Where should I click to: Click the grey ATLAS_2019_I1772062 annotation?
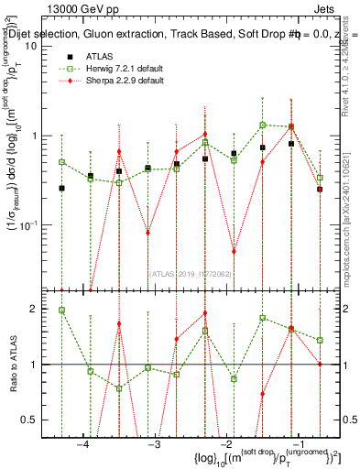pyautogui.click(x=191, y=273)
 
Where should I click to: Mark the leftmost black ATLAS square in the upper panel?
pyautogui.click(x=61, y=188)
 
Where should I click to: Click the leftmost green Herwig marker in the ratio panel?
pyautogui.click(x=61, y=310)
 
